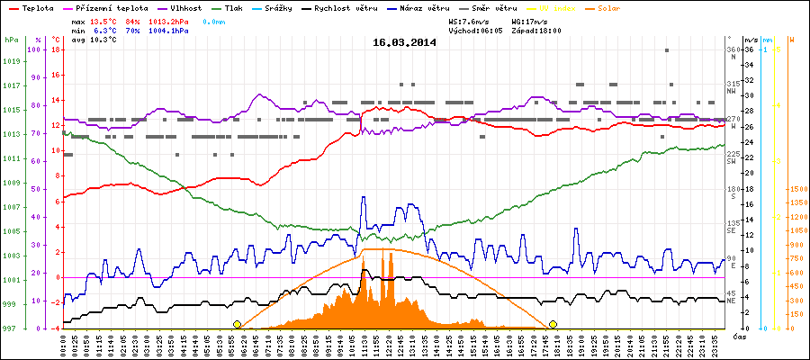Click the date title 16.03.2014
click(405, 41)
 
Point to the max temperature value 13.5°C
click(104, 20)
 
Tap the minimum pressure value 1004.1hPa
click(169, 30)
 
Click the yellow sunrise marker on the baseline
click(237, 324)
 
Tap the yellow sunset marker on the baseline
click(553, 324)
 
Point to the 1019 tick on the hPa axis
click(11, 61)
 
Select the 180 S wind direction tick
click(733, 192)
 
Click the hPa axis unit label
click(10, 40)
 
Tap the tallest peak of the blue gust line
click(364, 196)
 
